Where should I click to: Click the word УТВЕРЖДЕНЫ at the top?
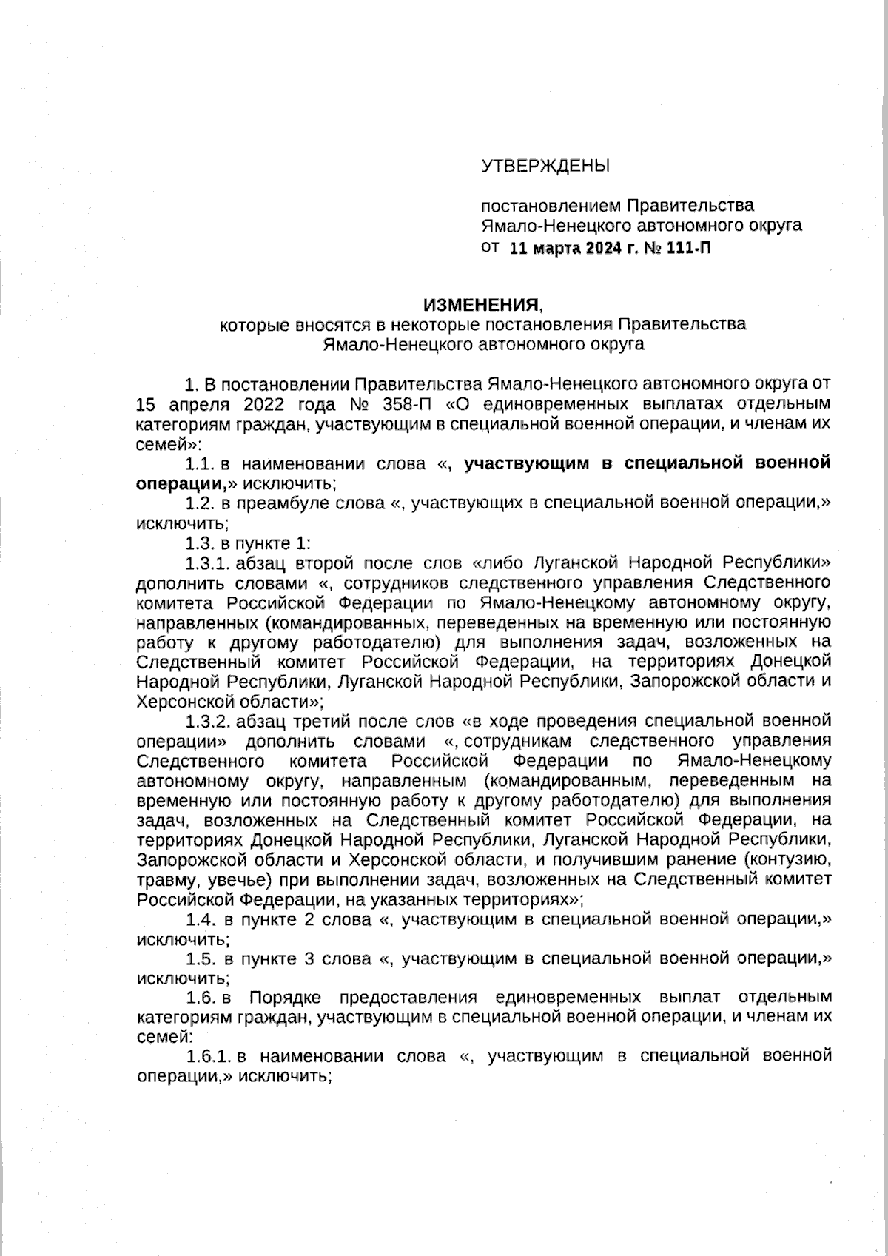[545, 166]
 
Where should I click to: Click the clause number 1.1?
[200, 464]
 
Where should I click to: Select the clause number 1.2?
[200, 503]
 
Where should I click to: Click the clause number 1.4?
[200, 919]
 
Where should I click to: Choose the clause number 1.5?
[200, 959]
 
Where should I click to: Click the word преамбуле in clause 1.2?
[285, 503]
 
